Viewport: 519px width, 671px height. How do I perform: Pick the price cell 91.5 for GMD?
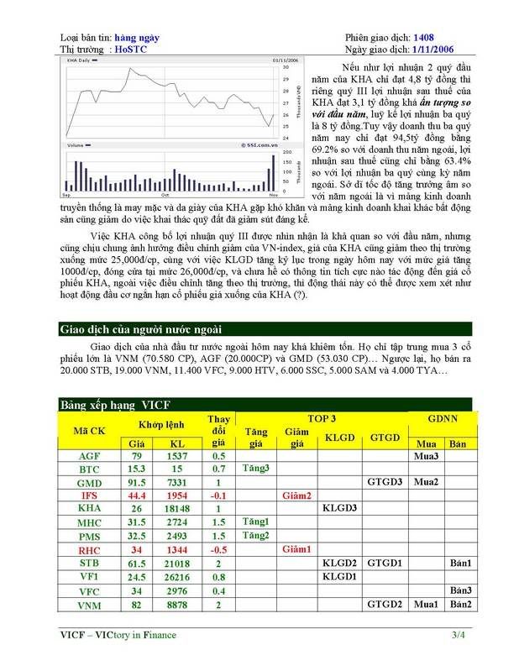[135, 483]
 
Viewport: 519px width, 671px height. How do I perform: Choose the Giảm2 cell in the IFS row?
[296, 496]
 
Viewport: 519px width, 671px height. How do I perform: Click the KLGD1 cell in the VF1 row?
[340, 577]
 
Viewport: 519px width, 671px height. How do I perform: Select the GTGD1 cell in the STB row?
[384, 564]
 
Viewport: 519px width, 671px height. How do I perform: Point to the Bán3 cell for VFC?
[459, 590]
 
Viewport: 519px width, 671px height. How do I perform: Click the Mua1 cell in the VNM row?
[427, 605]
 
